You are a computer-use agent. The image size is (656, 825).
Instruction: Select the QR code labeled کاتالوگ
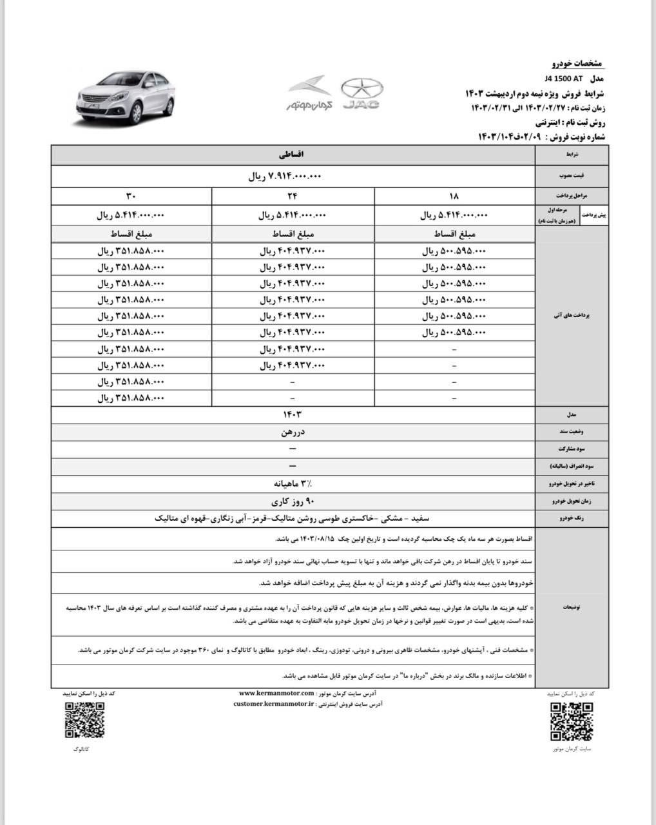pyautogui.click(x=84, y=720)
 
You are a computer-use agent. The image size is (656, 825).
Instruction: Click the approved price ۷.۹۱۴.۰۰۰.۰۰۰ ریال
pyautogui.click(x=285, y=176)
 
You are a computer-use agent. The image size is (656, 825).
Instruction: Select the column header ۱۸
pyautogui.click(x=454, y=197)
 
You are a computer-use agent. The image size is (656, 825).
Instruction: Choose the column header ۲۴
pyautogui.click(x=293, y=197)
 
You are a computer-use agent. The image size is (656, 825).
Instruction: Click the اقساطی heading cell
pyautogui.click(x=293, y=155)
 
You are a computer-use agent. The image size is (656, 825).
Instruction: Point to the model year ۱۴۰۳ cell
pyautogui.click(x=293, y=414)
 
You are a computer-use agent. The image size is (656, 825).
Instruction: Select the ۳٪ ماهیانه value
pyautogui.click(x=293, y=483)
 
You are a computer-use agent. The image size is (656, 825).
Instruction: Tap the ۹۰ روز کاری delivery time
pyautogui.click(x=293, y=500)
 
